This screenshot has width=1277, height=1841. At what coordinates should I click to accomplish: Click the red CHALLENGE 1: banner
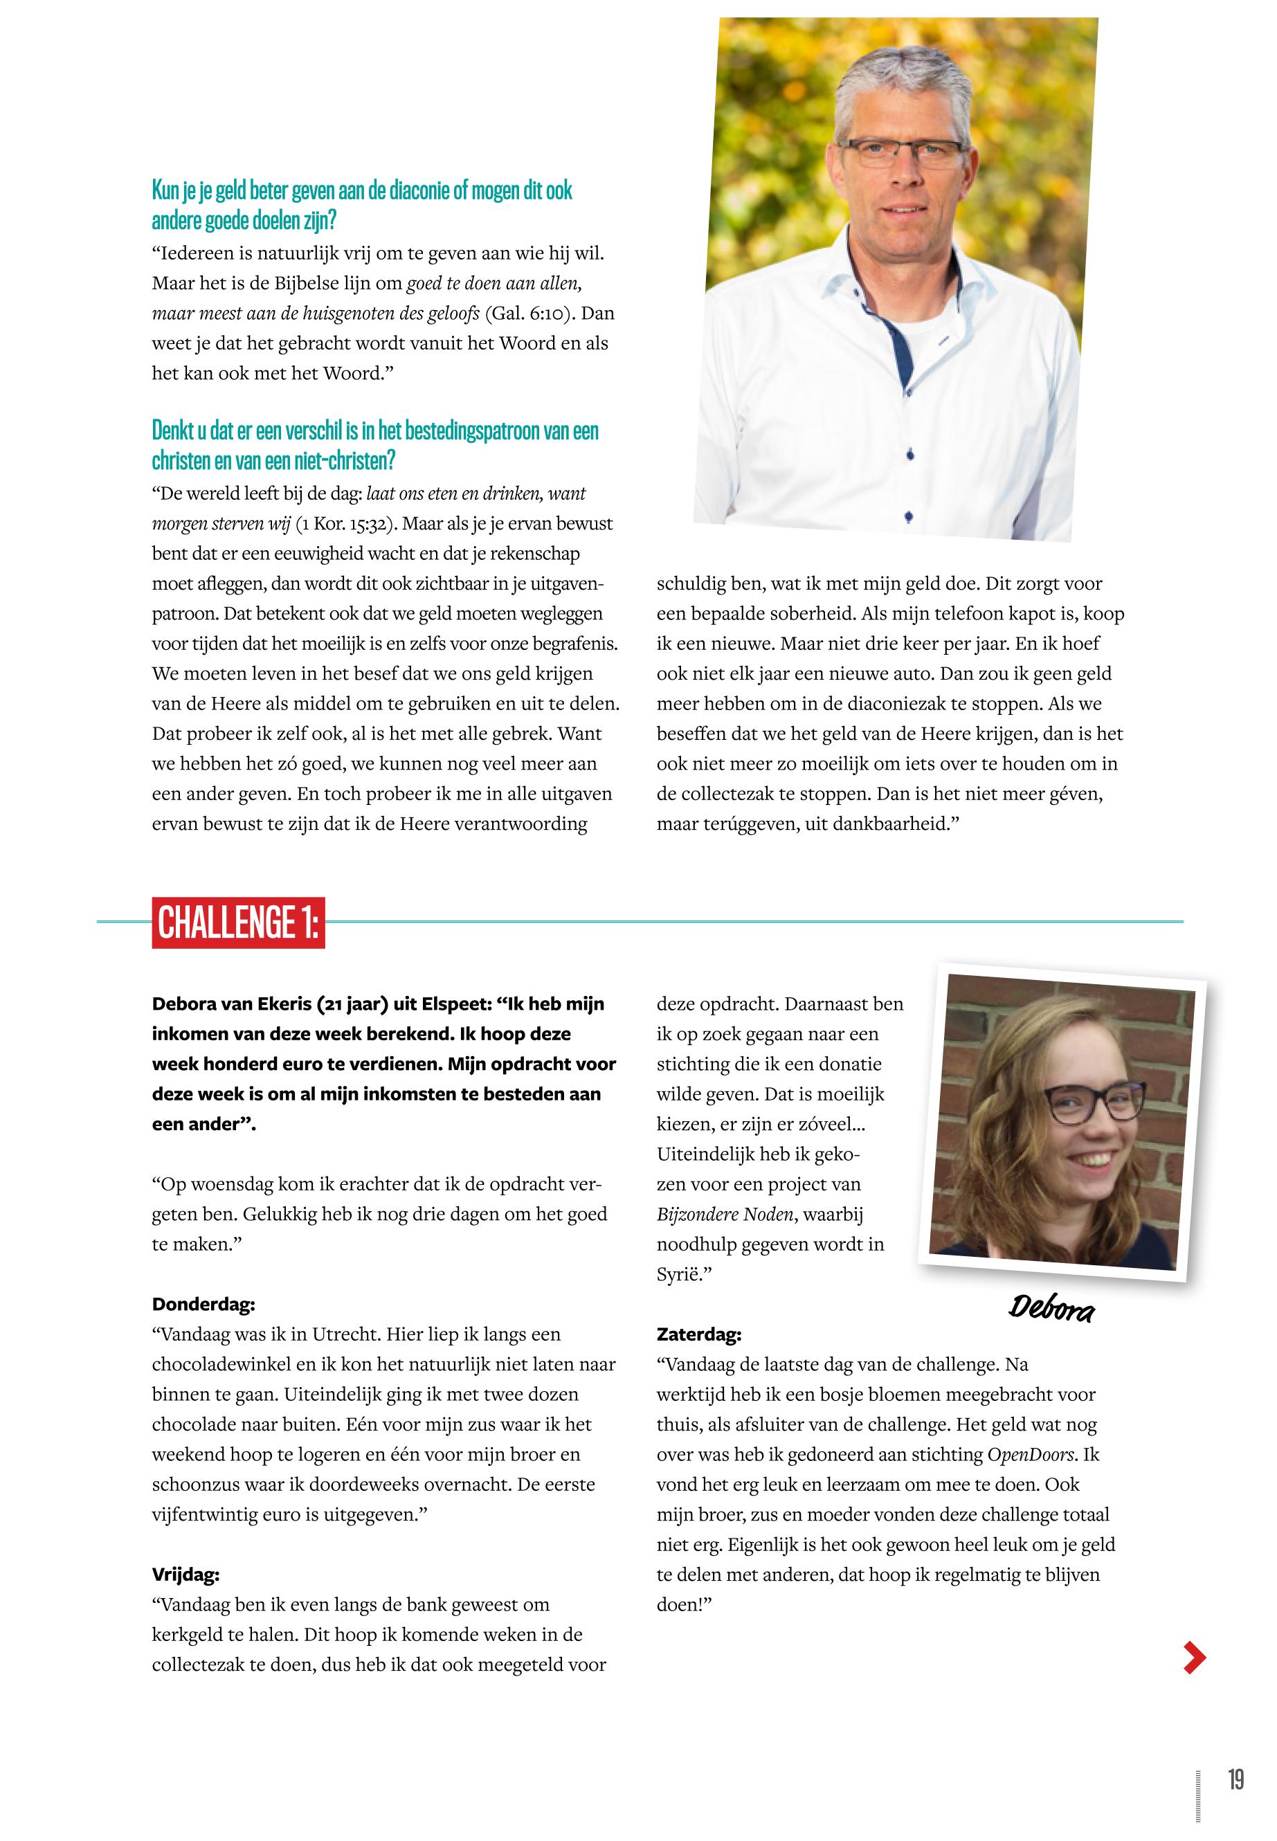click(238, 923)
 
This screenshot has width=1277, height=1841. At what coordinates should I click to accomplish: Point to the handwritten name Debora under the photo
click(1051, 1309)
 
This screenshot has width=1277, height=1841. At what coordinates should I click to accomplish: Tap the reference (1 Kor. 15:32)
click(347, 524)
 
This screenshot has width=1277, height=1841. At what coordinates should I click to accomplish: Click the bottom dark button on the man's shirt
click(908, 517)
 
